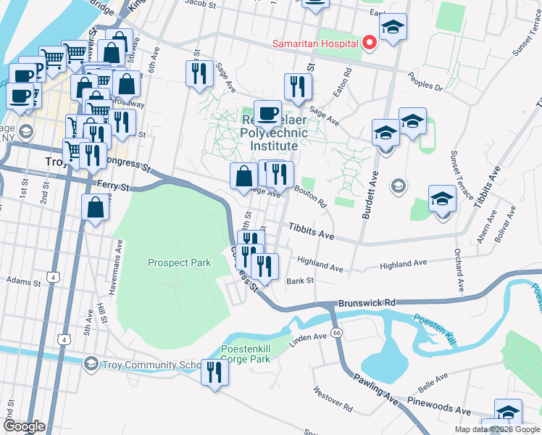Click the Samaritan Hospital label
[315, 43]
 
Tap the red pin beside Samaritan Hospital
[369, 43]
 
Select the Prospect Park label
[179, 262]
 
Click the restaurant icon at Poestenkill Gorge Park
[214, 373]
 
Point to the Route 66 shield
[337, 332]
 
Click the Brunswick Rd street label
[369, 302]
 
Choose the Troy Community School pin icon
[91, 362]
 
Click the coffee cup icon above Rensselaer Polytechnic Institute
[267, 113]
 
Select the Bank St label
[299, 281]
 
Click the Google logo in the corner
[23, 426]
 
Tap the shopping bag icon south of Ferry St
[96, 207]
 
